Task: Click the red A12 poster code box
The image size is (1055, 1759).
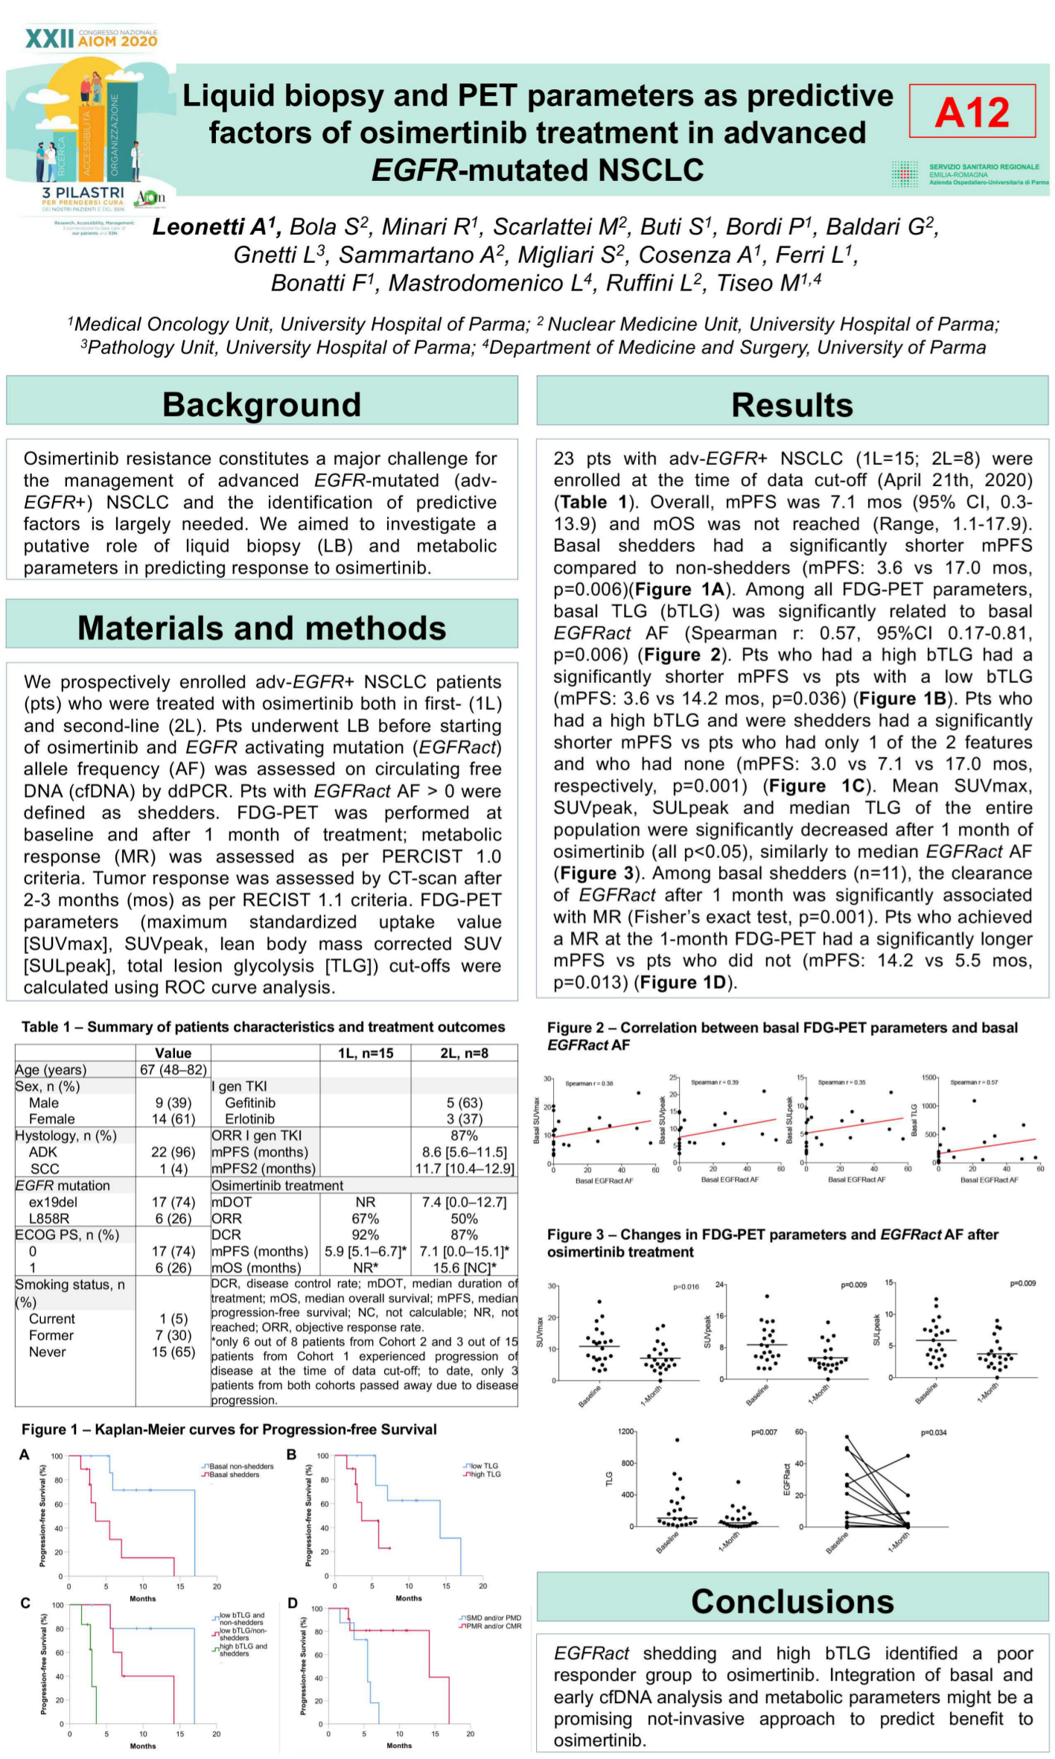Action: click(x=972, y=111)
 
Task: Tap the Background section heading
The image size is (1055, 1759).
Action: click(x=261, y=404)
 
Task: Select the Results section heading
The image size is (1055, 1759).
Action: click(x=791, y=405)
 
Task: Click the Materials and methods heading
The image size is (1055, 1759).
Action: click(x=261, y=628)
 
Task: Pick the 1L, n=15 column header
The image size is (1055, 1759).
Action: click(x=365, y=1053)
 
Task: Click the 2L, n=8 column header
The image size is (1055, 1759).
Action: click(x=464, y=1053)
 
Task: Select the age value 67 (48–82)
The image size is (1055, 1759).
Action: click(x=173, y=1069)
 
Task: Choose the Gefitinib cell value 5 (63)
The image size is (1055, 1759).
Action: click(x=464, y=1102)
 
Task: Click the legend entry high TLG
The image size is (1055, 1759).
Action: click(x=485, y=1475)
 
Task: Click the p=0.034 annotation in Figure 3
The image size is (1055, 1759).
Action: click(x=932, y=1433)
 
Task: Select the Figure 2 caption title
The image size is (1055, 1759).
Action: click(x=782, y=1036)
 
